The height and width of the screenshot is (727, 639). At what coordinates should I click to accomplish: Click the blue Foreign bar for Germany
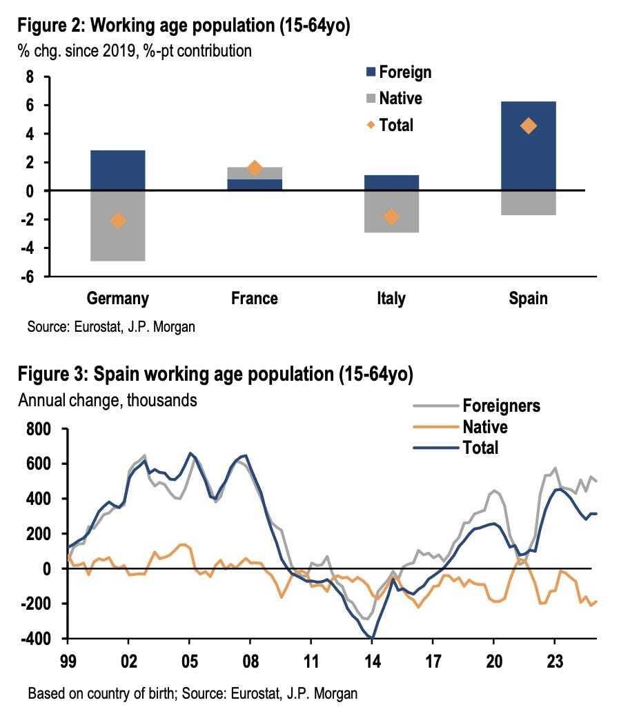point(118,170)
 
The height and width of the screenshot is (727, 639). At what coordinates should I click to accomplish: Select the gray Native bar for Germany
point(118,226)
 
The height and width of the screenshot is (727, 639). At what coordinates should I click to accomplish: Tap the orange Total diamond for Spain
point(528,126)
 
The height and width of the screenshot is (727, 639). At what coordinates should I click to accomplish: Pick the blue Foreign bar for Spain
point(528,146)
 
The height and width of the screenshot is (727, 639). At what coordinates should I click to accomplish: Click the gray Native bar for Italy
point(391,212)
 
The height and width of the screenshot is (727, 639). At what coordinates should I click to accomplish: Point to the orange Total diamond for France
point(255,168)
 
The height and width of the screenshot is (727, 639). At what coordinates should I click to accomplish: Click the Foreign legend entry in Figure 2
point(399,72)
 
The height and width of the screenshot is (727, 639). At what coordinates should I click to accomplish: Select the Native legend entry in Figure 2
point(394,99)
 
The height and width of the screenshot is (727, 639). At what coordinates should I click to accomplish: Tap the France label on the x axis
point(255,298)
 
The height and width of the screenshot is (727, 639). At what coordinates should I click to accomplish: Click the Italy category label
point(391,299)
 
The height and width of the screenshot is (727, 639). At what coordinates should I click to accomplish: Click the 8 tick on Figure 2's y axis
point(30,77)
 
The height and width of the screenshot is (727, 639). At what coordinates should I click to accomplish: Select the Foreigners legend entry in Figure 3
point(477,406)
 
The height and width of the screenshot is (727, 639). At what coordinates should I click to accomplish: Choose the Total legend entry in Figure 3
point(456,448)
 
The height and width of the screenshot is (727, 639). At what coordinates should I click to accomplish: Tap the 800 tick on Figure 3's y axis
point(39,429)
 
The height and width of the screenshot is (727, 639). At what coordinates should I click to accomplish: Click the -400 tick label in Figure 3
point(36,639)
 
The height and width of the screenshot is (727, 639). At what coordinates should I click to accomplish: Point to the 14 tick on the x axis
point(373,661)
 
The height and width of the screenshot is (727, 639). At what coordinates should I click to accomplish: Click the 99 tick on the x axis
point(68,661)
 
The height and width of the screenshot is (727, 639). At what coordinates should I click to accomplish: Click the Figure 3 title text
point(215,374)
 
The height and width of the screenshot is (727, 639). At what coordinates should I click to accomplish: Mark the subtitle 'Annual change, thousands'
point(108,400)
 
